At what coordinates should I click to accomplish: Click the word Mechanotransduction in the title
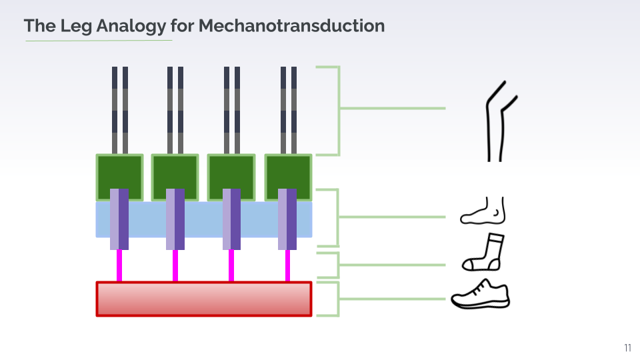coord(291,26)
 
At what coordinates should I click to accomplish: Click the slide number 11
coord(627,347)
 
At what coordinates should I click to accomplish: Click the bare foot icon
coord(484,211)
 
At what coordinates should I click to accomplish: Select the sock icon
coord(485,252)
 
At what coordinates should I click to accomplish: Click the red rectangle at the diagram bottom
coord(204,299)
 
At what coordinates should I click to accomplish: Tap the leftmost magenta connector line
coord(119,265)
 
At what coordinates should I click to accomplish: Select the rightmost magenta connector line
coord(287,265)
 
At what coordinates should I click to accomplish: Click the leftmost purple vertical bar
coord(119,219)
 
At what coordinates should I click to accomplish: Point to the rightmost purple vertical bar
coord(287,219)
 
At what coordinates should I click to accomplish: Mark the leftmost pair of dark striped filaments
coord(120,110)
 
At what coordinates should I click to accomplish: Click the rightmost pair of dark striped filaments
coord(288,110)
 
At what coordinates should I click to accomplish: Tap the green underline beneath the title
coord(99,41)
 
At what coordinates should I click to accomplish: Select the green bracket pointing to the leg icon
coord(337,110)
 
